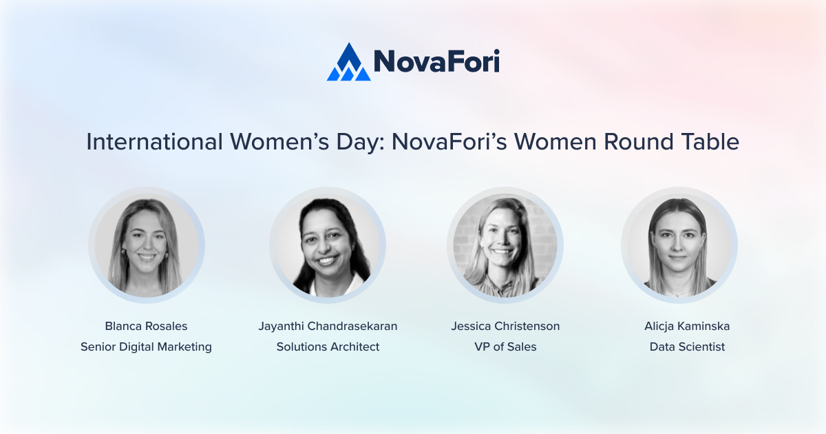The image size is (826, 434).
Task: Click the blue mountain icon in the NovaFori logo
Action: [348, 63]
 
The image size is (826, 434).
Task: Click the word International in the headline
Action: [154, 141]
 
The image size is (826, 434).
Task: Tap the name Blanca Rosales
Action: [146, 326]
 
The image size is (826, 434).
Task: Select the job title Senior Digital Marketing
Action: [146, 347]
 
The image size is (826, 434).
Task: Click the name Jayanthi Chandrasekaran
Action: [328, 326]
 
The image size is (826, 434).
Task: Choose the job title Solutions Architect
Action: [328, 347]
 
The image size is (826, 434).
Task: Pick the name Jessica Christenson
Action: [505, 326]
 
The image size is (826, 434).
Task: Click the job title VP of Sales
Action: [505, 347]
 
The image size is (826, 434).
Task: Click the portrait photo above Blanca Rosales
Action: [146, 245]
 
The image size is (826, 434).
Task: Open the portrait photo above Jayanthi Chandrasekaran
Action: [328, 245]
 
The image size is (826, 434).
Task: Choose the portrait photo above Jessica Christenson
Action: [505, 245]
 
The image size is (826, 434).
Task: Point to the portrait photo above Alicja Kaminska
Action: [679, 245]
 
